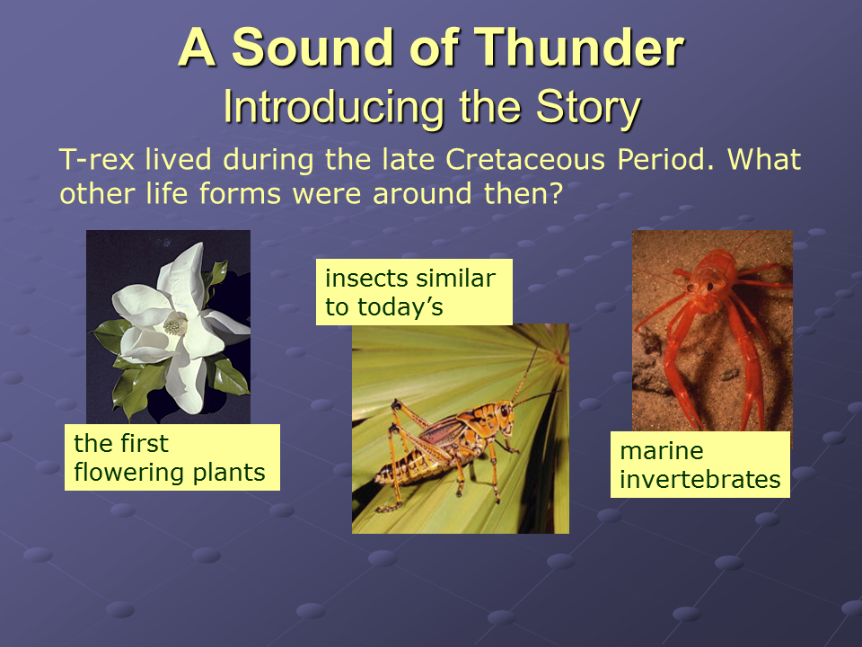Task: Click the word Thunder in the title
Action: pos(579,48)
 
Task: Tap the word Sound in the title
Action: pos(314,48)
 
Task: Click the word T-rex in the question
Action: pos(97,160)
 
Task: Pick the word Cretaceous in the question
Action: pos(525,160)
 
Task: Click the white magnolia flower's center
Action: pos(175,327)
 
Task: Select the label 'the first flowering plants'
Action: pos(172,457)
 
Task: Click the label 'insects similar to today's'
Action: pos(414,292)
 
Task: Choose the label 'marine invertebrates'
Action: pos(699,465)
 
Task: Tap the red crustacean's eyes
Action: pos(699,286)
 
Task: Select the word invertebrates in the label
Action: pos(699,479)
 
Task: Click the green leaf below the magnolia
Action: pos(135,391)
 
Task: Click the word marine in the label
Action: pos(662,451)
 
